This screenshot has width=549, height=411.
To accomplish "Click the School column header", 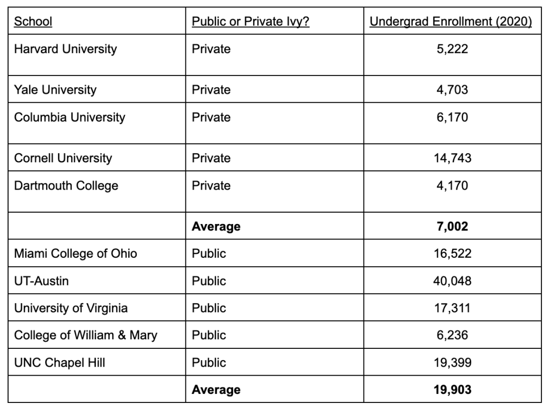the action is coord(33,22).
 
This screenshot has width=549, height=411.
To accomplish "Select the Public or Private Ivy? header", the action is coord(250,22).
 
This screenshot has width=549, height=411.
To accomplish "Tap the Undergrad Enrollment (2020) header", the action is coord(450,22).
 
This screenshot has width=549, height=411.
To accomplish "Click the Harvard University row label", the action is coord(65,49).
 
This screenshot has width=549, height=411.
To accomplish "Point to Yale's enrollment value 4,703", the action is coord(453,90).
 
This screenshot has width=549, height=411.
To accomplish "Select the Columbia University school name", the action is coord(70,117).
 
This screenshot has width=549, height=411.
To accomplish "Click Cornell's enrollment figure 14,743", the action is coord(453,158).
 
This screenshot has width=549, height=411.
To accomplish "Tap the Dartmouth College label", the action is coord(66,185).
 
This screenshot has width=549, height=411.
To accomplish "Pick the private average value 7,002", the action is coord(453,227).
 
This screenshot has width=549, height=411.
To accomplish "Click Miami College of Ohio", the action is coord(76,253).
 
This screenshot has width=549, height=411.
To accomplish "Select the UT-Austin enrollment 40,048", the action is coord(453,281).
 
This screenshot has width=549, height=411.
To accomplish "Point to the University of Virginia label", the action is coord(71,308).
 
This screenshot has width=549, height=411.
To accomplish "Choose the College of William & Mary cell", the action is coord(86,335).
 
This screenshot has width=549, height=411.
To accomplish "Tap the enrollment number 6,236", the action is coord(453,335).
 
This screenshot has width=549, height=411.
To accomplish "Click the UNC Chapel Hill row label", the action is coord(60,363).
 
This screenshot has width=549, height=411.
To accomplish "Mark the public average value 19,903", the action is coord(453,390).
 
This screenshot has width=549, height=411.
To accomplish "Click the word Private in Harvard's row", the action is coord(211,49).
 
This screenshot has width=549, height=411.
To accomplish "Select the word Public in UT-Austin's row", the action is coord(209,281).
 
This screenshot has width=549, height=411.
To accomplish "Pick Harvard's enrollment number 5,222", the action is coord(453,49).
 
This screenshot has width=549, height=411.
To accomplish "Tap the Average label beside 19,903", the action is coord(216,390).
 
